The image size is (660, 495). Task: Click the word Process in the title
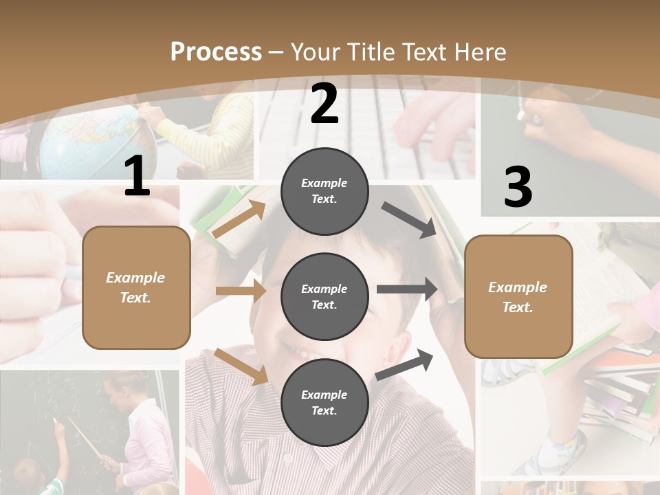pyautogui.click(x=216, y=52)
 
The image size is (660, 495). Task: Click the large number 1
pyautogui.click(x=137, y=177)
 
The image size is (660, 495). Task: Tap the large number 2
pyautogui.click(x=324, y=104)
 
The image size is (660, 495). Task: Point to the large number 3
pyautogui.click(x=518, y=188)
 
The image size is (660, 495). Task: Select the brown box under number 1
pyautogui.click(x=136, y=287)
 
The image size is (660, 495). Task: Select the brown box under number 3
pyautogui.click(x=518, y=296)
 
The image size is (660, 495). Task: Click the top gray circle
pyautogui.click(x=324, y=191)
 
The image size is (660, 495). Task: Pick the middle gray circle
pyautogui.click(x=324, y=296)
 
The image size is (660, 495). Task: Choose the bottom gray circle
pyautogui.click(x=324, y=402)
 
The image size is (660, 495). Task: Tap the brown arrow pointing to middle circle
pyautogui.click(x=241, y=291)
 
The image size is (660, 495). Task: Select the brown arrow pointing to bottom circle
pyautogui.click(x=241, y=366)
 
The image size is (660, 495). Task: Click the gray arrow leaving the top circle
pyautogui.click(x=408, y=220)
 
